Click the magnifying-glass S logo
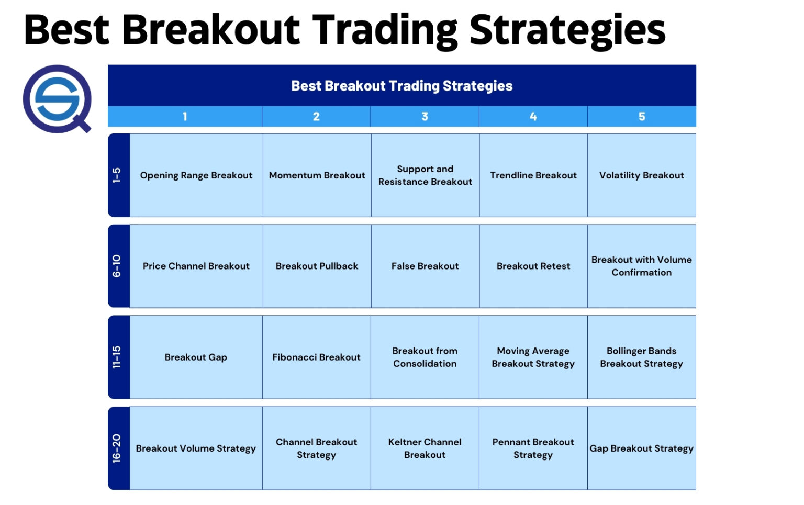coord(57,98)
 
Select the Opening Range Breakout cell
coord(196,175)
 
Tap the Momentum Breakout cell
coord(317,175)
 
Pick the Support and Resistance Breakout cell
coord(425,175)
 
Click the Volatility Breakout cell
coord(642,175)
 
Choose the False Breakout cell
coord(425,266)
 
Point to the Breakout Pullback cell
coord(317,266)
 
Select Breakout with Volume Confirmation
coord(642,266)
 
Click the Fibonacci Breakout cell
coord(317,357)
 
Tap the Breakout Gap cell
coord(196,357)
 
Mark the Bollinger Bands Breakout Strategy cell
coord(642,357)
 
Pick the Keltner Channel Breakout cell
coord(425,448)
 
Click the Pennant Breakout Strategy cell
coord(533,448)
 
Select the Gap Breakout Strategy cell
coord(642,448)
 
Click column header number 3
coord(425,117)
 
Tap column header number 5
coord(642,117)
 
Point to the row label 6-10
coord(117,266)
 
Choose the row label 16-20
coord(117,448)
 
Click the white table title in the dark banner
coord(401,86)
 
